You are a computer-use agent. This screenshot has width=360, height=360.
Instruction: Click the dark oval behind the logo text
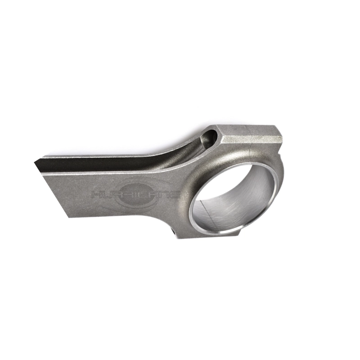point(136,195)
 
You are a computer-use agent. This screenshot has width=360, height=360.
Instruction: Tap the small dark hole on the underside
point(174,233)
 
